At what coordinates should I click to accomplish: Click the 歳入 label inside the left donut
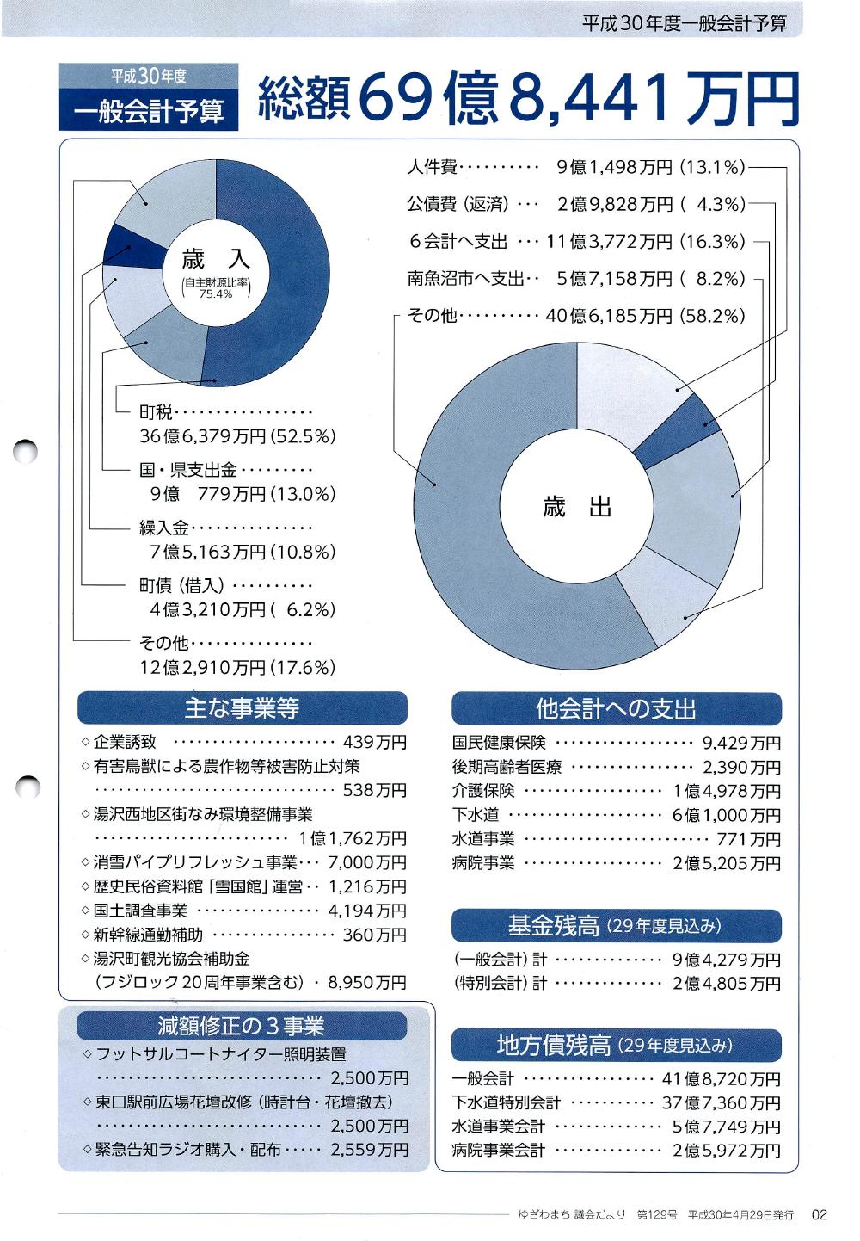215,258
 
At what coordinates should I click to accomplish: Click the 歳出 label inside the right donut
577,507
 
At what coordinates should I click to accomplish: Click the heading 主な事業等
242,707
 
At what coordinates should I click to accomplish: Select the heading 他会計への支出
616,708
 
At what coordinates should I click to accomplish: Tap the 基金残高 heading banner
616,926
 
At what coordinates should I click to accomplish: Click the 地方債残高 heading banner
616,1045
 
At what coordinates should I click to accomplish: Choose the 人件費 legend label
432,168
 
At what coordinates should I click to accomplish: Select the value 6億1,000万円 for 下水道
727,815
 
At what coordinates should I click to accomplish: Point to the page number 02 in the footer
819,1214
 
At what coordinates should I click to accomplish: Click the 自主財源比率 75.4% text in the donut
215,288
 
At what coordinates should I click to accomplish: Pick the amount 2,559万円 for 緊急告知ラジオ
369,1149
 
